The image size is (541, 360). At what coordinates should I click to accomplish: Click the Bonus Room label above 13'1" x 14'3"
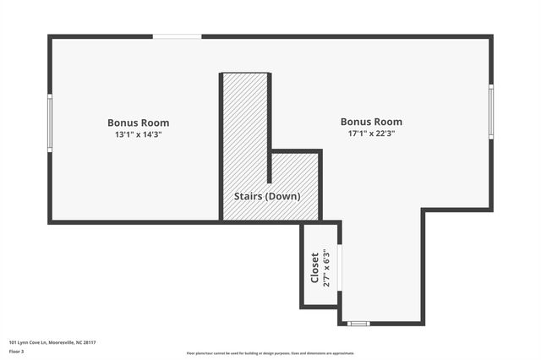[138, 123]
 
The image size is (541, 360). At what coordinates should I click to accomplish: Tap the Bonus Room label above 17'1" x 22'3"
[371, 122]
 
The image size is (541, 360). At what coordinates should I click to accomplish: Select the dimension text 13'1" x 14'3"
[138, 134]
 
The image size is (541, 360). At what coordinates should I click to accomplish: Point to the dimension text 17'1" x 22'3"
[371, 134]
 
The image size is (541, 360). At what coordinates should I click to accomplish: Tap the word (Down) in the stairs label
[284, 196]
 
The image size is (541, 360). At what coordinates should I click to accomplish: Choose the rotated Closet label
[315, 268]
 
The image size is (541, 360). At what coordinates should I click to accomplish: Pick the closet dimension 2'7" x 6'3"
[327, 268]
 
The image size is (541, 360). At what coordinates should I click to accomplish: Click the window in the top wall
[177, 36]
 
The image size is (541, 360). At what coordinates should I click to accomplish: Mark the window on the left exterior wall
[50, 123]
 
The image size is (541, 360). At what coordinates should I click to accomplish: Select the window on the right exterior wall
[491, 112]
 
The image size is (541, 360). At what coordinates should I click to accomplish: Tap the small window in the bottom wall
[358, 324]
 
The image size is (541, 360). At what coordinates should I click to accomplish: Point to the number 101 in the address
[13, 342]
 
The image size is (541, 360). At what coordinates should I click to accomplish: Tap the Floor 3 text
[16, 352]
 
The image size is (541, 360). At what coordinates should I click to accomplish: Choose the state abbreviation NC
[78, 342]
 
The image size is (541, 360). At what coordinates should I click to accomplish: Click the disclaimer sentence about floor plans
[270, 353]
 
